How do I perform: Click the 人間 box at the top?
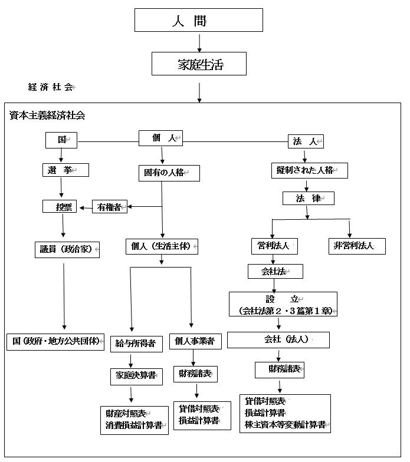point(199,20)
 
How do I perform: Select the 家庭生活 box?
point(199,64)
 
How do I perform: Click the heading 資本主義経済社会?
point(47,115)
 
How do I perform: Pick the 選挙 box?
point(65,170)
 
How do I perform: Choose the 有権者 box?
point(109,207)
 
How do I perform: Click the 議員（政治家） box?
point(65,249)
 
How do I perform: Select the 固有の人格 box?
point(168,173)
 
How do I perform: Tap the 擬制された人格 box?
point(309,170)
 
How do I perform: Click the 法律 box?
point(308,198)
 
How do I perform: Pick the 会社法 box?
point(275,271)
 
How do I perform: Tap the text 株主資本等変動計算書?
point(285,425)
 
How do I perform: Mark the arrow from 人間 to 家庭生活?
point(199,42)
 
